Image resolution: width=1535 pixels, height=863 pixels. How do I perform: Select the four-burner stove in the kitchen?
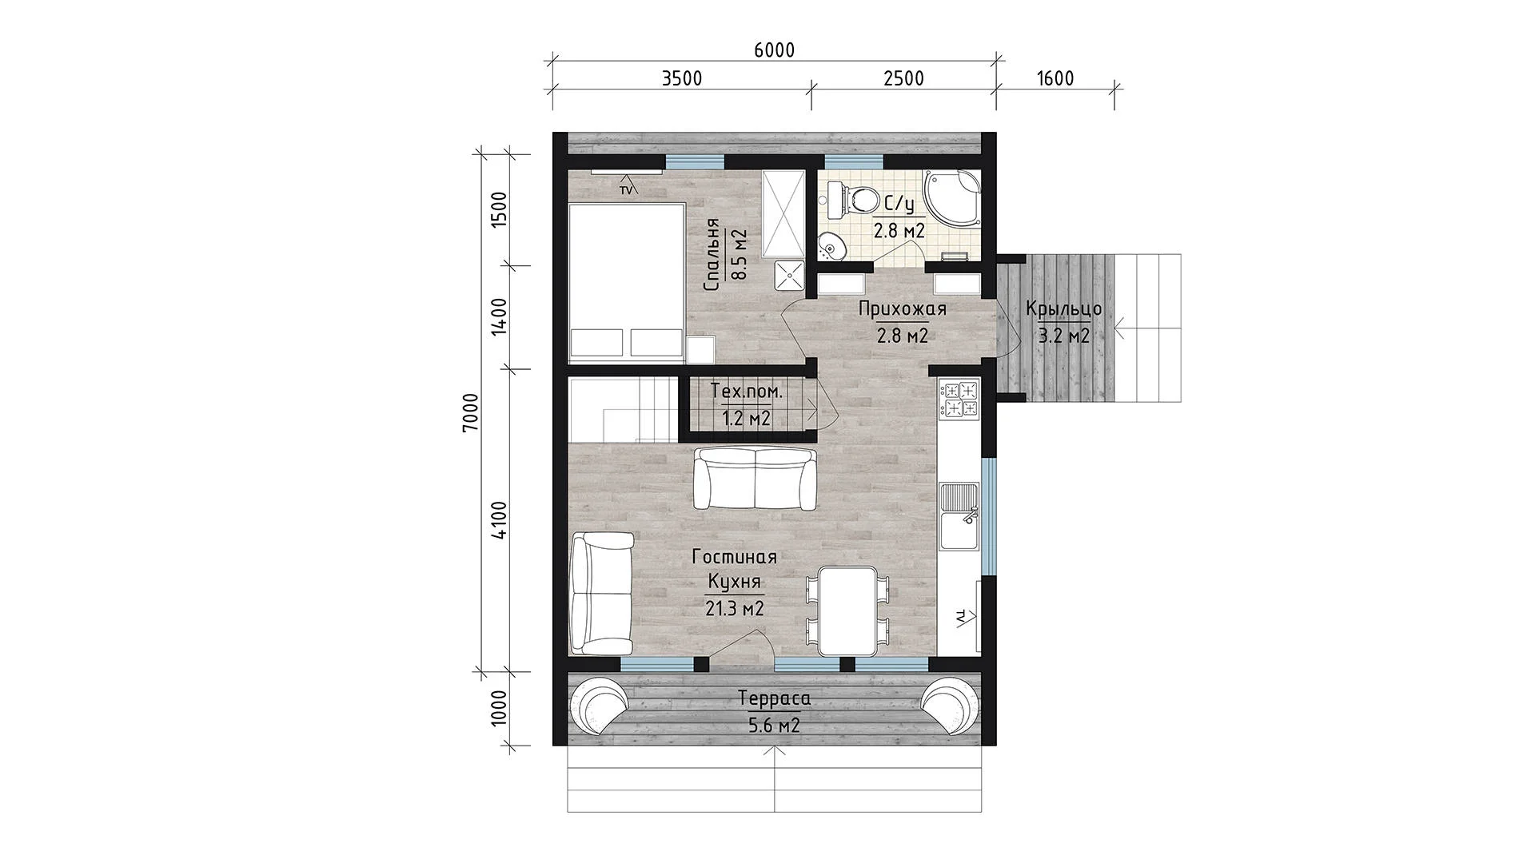point(959,400)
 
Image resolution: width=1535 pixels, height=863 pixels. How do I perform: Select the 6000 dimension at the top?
point(774,50)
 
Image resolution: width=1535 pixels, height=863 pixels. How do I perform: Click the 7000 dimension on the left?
point(471,412)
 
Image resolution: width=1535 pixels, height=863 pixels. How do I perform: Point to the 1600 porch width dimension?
point(1055,78)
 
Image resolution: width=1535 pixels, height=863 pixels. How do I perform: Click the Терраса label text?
point(774,699)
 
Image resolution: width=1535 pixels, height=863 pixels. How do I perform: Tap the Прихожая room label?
point(903,309)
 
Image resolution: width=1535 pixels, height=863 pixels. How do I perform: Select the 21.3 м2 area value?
point(734,609)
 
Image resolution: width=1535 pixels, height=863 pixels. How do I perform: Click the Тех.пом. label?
point(747,392)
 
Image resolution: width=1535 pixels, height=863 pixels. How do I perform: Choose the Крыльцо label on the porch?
point(1064,309)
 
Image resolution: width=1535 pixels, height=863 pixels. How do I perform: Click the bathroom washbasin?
point(831,246)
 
